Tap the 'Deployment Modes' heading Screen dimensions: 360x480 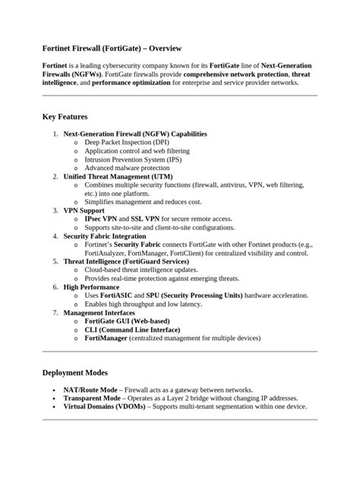(x=76, y=373)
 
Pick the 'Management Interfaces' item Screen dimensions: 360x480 (x=99, y=312)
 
